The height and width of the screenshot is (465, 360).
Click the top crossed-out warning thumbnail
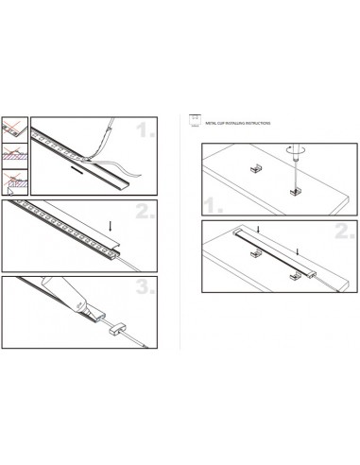pos(12,126)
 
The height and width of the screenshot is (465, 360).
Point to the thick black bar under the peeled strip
pos(83,173)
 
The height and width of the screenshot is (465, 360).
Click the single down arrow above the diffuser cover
pos(111,226)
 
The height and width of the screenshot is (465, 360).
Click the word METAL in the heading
pos(208,123)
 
